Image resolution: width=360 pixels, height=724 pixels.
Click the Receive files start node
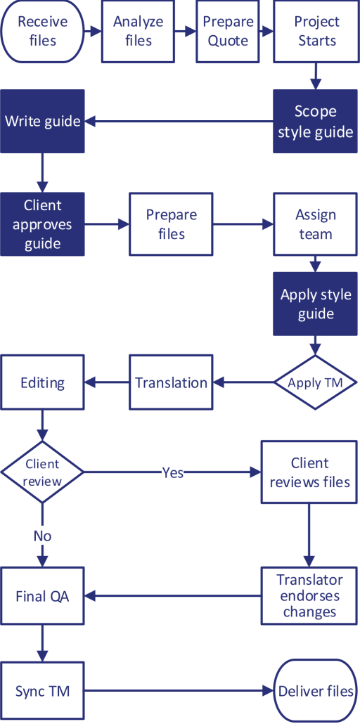pyautogui.click(x=42, y=31)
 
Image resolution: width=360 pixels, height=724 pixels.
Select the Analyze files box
pyautogui.click(x=138, y=31)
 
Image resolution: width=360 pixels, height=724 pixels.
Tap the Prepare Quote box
pyautogui.click(x=228, y=31)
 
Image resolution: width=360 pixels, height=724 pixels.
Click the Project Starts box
pyautogui.click(x=316, y=31)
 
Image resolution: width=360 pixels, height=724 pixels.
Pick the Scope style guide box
pyautogui.click(x=316, y=122)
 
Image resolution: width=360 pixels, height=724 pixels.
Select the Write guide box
pyautogui.click(x=42, y=122)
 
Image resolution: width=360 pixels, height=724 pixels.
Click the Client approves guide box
pyautogui.click(x=42, y=224)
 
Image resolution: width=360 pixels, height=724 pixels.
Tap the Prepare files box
pyautogui.click(x=171, y=224)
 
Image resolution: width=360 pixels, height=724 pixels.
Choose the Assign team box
pyautogui.click(x=316, y=224)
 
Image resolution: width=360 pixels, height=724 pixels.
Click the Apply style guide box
pyautogui.click(x=316, y=304)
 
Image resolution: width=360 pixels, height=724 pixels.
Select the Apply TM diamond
pyautogui.click(x=316, y=383)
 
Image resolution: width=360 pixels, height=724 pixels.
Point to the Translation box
pyautogui.click(x=171, y=383)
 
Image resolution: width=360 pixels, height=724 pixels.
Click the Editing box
pyautogui.click(x=42, y=383)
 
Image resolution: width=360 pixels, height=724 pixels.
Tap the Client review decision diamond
pyautogui.click(x=42, y=472)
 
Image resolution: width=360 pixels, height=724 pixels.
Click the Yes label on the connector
pyautogui.click(x=172, y=472)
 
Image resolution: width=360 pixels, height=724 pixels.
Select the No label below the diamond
pyautogui.click(x=42, y=536)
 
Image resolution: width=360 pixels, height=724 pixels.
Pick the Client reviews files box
pyautogui.click(x=309, y=472)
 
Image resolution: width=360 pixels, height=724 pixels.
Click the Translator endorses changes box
pyautogui.click(x=309, y=596)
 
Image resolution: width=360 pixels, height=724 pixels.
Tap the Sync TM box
pyautogui.click(x=42, y=692)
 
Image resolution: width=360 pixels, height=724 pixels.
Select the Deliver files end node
pyautogui.click(x=316, y=692)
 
